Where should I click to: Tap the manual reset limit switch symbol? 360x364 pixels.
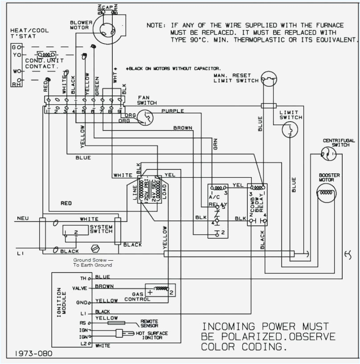click(x=269, y=80)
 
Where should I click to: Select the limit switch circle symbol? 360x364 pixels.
click(x=290, y=130)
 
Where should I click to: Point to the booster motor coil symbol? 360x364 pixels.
click(x=326, y=192)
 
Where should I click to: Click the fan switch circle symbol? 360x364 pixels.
click(x=145, y=117)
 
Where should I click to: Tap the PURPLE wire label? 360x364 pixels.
click(x=173, y=111)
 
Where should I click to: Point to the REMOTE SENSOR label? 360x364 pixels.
click(x=149, y=323)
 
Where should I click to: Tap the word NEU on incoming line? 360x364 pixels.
click(x=23, y=218)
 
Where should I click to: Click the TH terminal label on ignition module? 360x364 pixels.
click(x=83, y=278)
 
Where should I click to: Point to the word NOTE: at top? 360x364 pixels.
click(x=156, y=25)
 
